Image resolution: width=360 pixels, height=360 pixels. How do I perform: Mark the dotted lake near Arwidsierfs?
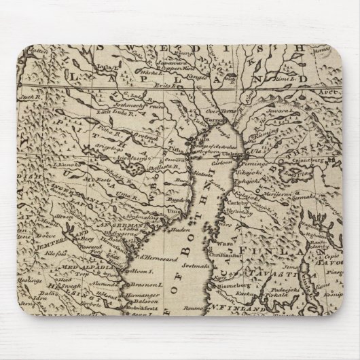tap(139, 167)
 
